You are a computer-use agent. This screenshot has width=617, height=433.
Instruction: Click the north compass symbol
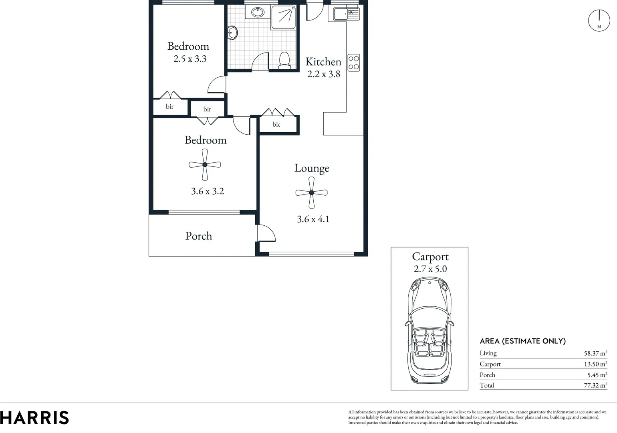coord(599,20)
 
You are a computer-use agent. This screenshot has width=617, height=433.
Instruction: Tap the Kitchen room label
coord(323,62)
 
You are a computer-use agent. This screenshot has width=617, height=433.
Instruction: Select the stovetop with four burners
coord(353,63)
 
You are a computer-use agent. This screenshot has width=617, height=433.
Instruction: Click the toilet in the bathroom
coord(284,60)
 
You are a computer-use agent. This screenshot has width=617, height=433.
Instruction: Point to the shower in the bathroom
coord(284,17)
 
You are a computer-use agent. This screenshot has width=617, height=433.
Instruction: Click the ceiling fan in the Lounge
coord(311,193)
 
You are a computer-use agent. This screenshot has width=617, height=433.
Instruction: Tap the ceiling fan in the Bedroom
coord(205,164)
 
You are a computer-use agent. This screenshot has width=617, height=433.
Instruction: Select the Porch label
coord(198,236)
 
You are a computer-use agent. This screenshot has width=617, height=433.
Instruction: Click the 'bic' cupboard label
coord(276,125)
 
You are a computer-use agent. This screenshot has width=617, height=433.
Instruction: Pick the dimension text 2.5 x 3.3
coord(190,59)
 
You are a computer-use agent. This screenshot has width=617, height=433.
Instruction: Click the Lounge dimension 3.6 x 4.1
coord(313,219)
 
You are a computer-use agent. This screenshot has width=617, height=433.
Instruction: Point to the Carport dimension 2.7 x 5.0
coord(430,269)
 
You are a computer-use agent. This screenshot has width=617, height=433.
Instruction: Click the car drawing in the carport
coord(429,331)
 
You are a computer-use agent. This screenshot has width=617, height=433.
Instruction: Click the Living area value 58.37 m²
coord(595,354)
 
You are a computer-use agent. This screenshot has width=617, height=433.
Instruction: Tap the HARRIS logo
coord(34,418)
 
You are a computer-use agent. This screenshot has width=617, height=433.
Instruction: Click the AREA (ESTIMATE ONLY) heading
coord(522,341)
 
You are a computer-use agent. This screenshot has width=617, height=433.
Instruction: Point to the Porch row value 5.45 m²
coord(596,375)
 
